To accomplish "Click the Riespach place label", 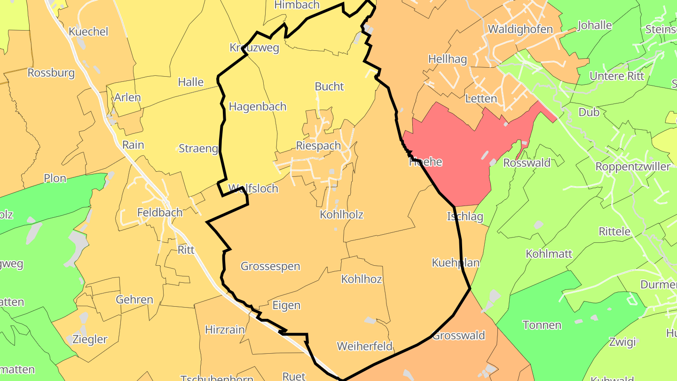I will (318, 146).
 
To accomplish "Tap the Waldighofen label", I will (520, 29).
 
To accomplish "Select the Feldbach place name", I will (159, 213).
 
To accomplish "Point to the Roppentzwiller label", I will (632, 167).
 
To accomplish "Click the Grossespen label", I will (270, 266).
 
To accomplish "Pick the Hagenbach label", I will (257, 107).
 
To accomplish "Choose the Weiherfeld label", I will (364, 347).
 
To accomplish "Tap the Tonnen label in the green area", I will (542, 325).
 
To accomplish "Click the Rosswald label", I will (527, 163).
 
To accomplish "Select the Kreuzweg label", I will (254, 48).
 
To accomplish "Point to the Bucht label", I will (329, 87).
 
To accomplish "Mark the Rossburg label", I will (51, 73).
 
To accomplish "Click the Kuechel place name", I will (88, 32).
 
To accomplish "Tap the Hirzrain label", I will (225, 330).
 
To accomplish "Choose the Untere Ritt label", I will (617, 76).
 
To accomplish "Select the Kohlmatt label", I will (549, 254).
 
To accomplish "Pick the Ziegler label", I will (89, 339).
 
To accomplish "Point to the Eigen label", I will (286, 306).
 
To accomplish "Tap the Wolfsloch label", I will (253, 189).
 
